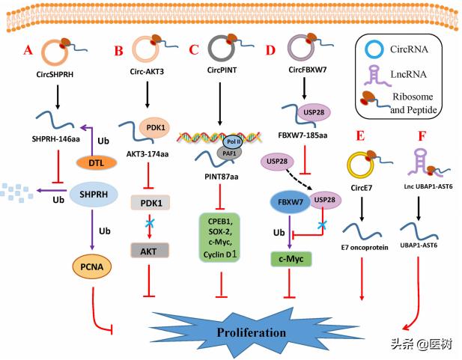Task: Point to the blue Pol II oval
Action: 233,141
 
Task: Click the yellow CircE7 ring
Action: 360,163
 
